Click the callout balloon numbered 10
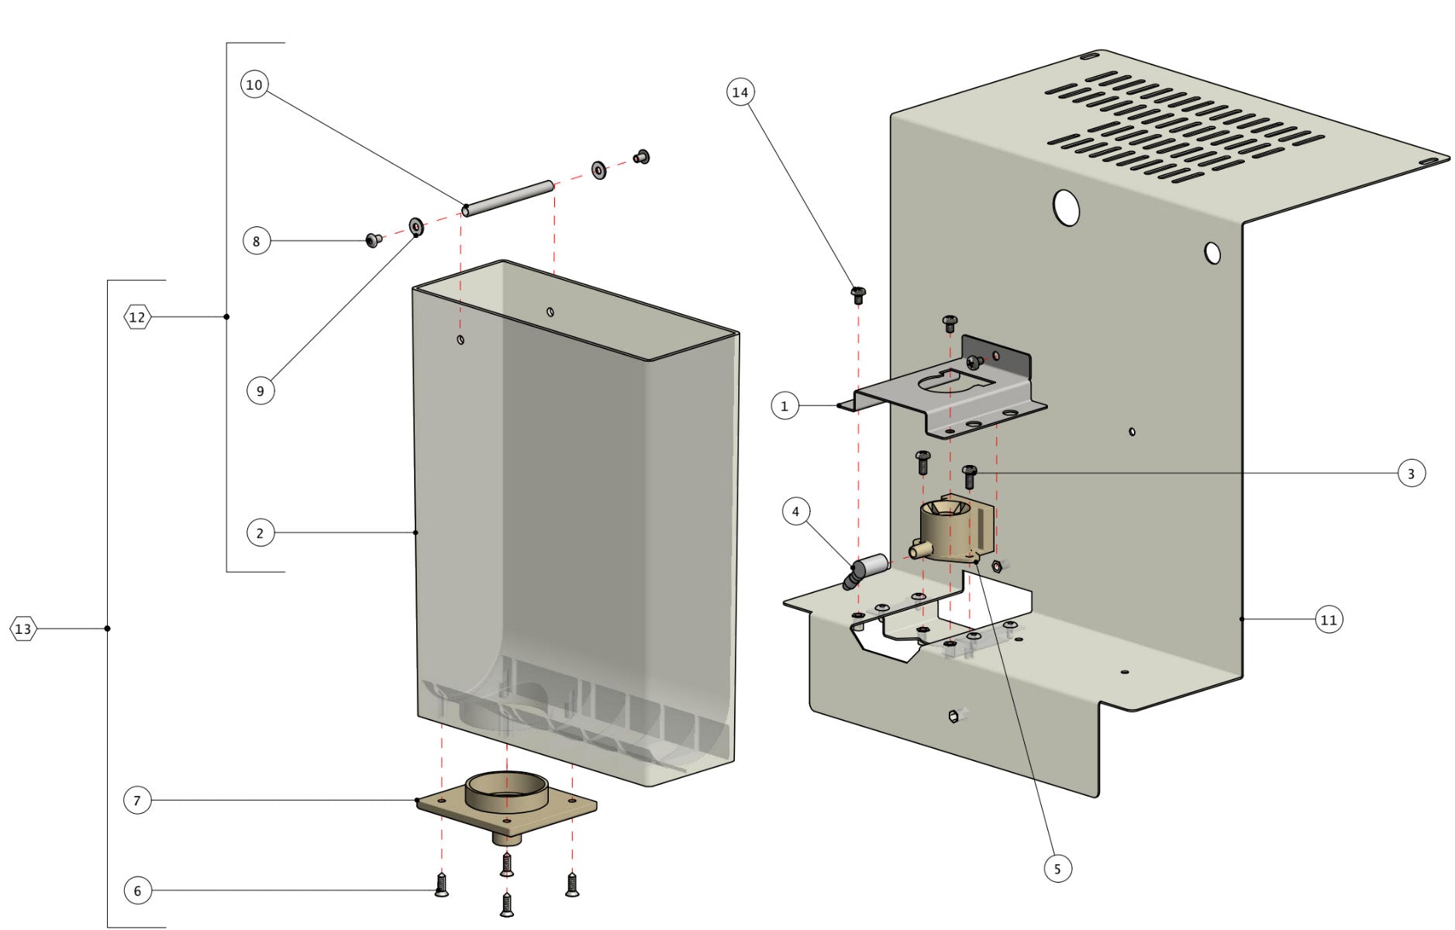click(x=254, y=84)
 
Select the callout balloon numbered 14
click(x=740, y=92)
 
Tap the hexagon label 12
click(x=137, y=317)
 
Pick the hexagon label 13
click(x=23, y=629)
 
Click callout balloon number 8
click(x=257, y=241)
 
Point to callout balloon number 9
click(x=260, y=391)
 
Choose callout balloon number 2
click(x=260, y=533)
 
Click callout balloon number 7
click(x=137, y=801)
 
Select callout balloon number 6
click(x=137, y=890)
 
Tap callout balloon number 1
click(x=784, y=405)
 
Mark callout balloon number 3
click(x=1411, y=474)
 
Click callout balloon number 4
click(x=795, y=511)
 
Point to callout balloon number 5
click(x=1057, y=869)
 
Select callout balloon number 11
click(x=1329, y=620)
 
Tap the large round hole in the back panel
click(x=1067, y=208)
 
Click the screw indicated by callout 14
click(x=858, y=294)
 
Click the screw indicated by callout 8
click(x=374, y=240)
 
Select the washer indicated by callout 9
click(x=415, y=226)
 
